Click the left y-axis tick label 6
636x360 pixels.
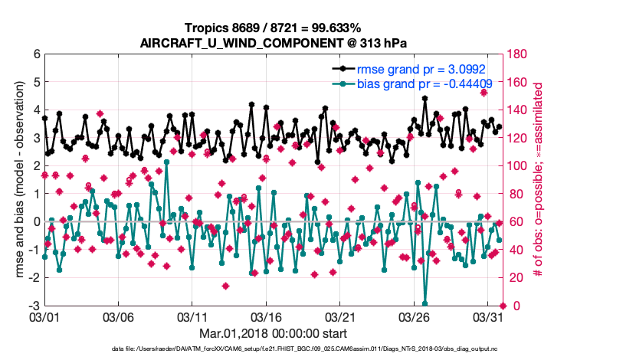(36, 54)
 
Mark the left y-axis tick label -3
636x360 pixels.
(34, 306)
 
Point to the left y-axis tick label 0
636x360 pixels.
(36, 222)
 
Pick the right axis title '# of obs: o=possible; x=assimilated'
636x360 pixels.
(539, 180)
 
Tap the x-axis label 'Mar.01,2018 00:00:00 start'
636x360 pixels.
(267, 333)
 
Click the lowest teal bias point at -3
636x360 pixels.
(425, 304)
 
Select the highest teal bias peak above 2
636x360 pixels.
(166, 162)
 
